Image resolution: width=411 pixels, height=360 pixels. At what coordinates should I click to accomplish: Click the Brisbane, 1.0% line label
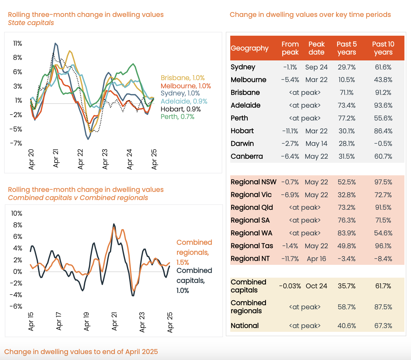coord(183,78)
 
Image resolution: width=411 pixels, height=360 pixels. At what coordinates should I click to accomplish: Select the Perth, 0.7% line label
coord(177,117)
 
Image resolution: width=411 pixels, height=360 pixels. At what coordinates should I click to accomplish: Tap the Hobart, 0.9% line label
coord(180,109)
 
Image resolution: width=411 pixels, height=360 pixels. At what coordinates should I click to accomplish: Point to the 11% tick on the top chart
coord(18,44)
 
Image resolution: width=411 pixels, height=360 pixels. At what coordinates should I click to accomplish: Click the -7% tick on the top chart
coord(16,143)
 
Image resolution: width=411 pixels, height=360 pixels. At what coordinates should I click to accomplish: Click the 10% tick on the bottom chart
coord(17,213)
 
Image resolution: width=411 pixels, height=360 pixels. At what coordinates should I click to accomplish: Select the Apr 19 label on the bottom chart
coord(86,321)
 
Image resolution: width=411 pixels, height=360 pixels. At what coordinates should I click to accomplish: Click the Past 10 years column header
coord(383,48)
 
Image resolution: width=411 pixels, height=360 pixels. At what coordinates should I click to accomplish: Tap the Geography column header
coord(250,48)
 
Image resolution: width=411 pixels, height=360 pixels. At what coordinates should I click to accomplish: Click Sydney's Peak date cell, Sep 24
coord(316,67)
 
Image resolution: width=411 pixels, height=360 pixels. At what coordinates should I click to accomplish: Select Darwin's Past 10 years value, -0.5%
coord(383,144)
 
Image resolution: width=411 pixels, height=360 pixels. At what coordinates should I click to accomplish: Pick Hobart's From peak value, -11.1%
coord(290,131)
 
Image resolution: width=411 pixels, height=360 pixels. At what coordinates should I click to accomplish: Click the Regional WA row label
coord(252,233)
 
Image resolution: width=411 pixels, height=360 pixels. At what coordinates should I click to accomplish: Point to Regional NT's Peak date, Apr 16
coord(316,259)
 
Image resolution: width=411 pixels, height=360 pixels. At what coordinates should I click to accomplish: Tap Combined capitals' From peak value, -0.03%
coord(290,286)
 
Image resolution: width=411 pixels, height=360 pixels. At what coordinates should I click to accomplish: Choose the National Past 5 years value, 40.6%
coord(347,326)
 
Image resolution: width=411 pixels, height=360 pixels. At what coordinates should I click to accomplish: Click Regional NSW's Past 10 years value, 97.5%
coord(383,182)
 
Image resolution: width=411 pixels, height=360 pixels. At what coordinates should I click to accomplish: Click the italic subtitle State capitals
coord(31,23)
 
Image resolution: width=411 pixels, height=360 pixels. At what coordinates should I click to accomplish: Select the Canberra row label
coord(247,157)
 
